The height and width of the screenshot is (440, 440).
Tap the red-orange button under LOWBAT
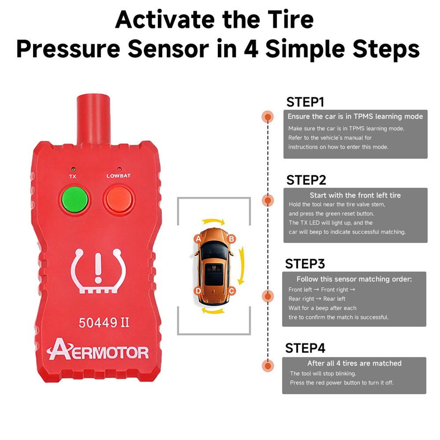119,199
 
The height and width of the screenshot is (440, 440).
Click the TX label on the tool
73,176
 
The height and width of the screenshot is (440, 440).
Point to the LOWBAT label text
118,176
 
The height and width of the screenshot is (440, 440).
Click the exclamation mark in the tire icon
98,268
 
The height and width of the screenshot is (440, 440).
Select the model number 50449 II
104,323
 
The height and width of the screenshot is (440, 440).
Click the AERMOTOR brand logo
98,349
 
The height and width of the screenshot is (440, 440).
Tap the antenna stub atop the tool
93,120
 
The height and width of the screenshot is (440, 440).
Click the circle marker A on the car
198,239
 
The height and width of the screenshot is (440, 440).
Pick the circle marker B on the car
231,239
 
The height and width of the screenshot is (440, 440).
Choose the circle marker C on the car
231,291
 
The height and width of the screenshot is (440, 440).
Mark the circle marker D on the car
198,291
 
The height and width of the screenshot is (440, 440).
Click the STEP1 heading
305,102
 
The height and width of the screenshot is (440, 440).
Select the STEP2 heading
306,180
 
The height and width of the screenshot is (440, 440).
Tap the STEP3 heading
305,264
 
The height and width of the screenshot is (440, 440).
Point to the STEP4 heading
305,348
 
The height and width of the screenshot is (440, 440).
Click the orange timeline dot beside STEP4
268,366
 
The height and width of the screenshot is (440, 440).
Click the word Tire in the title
290,20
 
